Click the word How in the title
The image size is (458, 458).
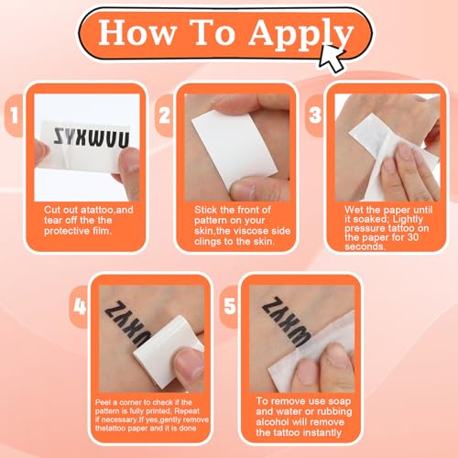click(134, 34)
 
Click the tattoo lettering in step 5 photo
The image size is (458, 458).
click(275, 321)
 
